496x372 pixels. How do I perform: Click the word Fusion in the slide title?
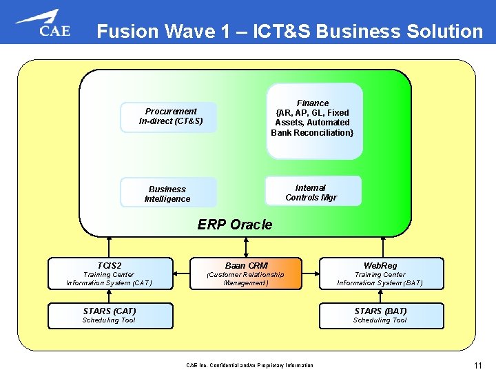click(126, 32)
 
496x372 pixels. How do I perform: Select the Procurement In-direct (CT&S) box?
click(169, 116)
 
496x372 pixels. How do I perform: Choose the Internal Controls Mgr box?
click(313, 192)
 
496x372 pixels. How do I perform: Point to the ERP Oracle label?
click(235, 225)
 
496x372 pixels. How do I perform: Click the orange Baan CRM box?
click(246, 273)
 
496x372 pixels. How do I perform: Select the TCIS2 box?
click(110, 273)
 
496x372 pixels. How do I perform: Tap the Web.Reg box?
click(380, 273)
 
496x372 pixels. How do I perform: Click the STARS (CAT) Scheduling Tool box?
click(110, 315)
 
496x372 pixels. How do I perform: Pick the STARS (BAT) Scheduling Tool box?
click(380, 315)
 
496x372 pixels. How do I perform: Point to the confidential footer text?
click(249, 365)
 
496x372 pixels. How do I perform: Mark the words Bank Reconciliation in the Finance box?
click(312, 132)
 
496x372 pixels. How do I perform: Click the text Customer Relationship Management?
click(246, 278)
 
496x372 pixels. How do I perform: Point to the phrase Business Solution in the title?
click(409, 32)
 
